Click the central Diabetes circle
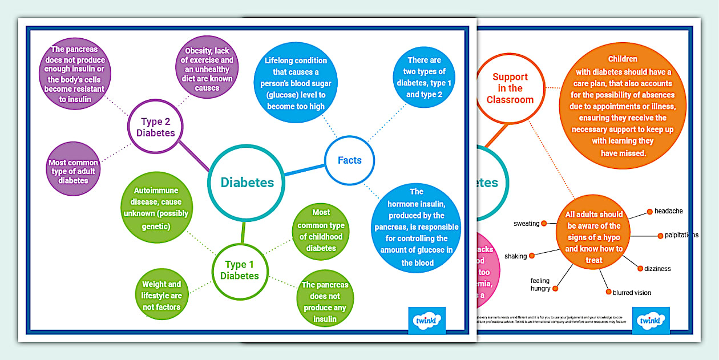coord(247,183)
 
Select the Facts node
coord(350,160)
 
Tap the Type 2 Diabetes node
coord(155,127)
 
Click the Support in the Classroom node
coord(510,88)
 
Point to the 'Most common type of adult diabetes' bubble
coord(73,171)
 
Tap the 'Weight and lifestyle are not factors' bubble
coord(161,295)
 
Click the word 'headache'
coord(669,211)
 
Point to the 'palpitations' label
coord(681,235)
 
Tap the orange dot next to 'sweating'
coord(544,223)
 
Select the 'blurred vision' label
coord(632,293)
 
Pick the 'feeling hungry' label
coord(540,284)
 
